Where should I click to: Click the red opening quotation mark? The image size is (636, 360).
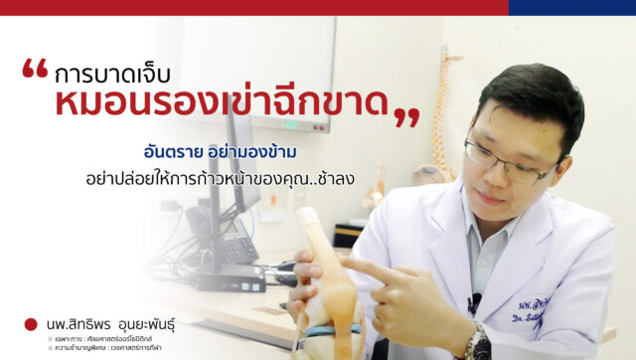tap(35, 70)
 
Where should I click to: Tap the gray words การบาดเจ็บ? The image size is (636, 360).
tap(113, 75)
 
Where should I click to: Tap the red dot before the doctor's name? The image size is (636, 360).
tap(32, 324)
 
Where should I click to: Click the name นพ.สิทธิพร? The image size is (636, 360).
tap(81, 324)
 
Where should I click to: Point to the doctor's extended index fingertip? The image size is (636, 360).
tap(345, 266)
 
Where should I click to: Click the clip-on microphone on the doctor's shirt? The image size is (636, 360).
tap(475, 300)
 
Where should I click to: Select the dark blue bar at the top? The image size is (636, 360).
tap(571, 7)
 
